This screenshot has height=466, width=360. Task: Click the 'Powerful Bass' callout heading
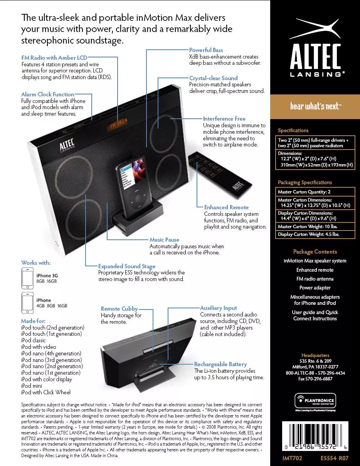[x=206, y=50]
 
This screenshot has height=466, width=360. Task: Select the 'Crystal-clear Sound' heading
[x=213, y=78]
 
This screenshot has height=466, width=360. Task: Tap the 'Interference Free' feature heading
[x=224, y=119]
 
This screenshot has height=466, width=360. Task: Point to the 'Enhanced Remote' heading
[x=226, y=207]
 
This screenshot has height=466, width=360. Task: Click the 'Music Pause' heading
[x=164, y=240]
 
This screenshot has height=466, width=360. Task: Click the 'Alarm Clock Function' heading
[x=47, y=94]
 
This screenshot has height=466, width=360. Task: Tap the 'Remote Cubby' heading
[x=119, y=309]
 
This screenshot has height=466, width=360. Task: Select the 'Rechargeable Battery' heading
[x=220, y=364]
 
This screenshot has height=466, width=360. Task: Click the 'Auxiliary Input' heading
[x=219, y=308]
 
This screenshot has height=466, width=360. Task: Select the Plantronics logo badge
[x=315, y=400]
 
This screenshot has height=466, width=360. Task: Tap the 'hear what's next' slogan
[x=315, y=106]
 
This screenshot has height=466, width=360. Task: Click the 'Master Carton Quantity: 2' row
[x=315, y=192]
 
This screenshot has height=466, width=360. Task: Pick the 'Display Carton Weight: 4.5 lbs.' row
[x=315, y=234]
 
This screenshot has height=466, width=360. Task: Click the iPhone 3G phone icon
[x=27, y=278]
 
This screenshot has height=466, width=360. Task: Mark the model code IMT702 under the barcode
[x=292, y=458]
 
